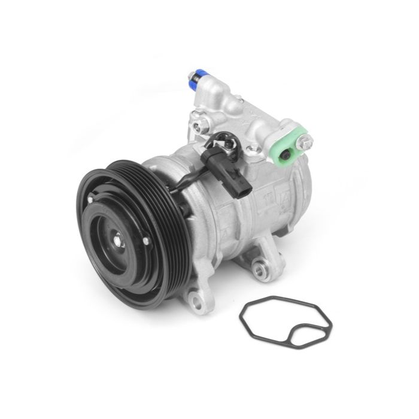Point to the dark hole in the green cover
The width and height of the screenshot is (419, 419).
[287, 155]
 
